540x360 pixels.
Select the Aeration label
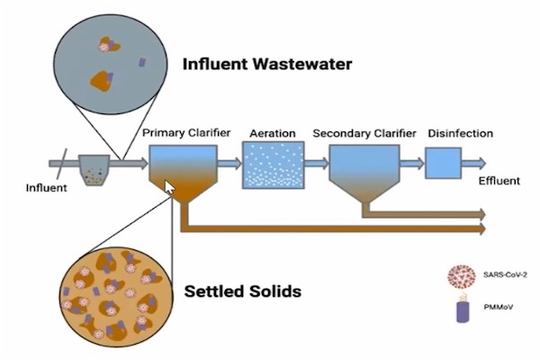pyautogui.click(x=272, y=133)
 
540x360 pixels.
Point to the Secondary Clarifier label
pyautogui.click(x=364, y=133)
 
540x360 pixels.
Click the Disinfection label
pyautogui.click(x=460, y=133)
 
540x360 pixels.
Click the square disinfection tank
pyautogui.click(x=443, y=162)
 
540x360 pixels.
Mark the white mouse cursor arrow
pyautogui.click(x=168, y=188)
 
